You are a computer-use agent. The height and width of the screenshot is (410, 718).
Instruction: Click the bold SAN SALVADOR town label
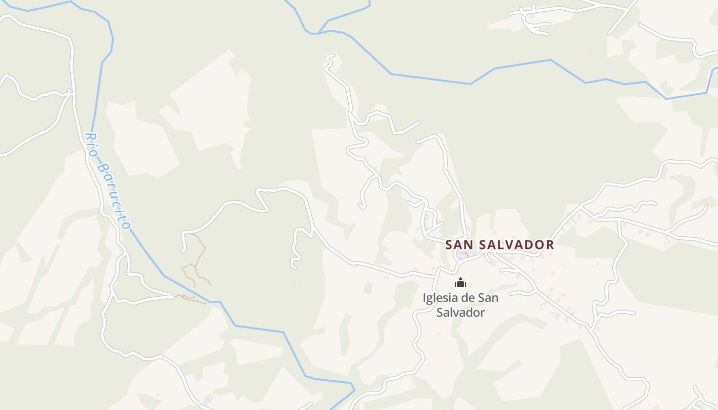click(x=500, y=245)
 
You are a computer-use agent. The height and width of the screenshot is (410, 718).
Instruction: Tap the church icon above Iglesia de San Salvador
click(x=461, y=282)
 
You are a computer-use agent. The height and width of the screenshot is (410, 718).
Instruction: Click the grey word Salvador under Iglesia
click(x=461, y=312)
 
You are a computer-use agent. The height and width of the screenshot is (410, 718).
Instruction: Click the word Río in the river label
click(x=91, y=141)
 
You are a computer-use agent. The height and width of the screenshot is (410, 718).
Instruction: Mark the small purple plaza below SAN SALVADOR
click(x=462, y=254)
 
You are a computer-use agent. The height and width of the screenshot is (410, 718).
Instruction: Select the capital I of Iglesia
click(x=425, y=298)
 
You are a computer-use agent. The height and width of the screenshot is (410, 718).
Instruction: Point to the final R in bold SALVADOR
click(x=550, y=245)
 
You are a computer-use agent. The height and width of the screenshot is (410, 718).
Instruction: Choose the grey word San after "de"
click(x=488, y=298)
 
